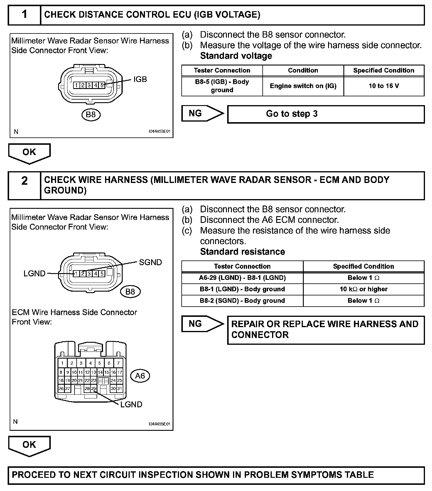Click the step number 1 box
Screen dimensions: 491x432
24,15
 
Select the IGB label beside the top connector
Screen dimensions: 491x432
140,79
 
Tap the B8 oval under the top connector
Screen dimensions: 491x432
91,115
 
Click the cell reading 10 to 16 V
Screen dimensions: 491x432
384,86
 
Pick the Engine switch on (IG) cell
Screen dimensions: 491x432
303,86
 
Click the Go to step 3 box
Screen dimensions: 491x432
326,114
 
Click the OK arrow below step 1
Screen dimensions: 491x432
29,153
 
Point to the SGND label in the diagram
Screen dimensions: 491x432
150,262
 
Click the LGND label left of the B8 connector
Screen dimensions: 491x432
35,273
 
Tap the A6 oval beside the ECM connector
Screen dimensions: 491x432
140,376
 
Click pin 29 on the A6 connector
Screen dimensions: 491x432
94,389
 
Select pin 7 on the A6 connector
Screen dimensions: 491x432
118,363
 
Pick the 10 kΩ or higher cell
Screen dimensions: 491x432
363,289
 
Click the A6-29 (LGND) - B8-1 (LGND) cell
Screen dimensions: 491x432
242,278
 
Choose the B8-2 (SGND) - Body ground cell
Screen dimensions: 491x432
242,301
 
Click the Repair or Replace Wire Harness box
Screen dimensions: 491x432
326,329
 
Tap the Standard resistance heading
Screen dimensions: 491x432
242,252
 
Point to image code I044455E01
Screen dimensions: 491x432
159,424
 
